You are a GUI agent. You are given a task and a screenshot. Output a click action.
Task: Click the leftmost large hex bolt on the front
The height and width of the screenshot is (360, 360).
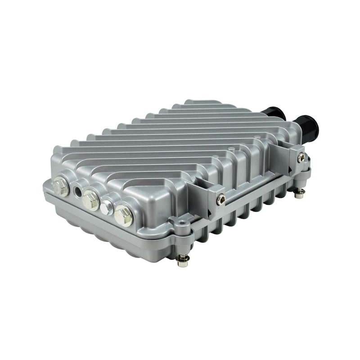pyautogui.click(x=61, y=186)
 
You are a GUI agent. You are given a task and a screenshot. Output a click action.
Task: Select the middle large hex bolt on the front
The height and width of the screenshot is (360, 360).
pyautogui.click(x=91, y=200)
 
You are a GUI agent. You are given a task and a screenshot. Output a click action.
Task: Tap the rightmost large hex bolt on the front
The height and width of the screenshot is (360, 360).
pyautogui.click(x=123, y=216)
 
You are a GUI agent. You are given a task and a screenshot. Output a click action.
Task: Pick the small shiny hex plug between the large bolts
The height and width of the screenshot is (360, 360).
pyautogui.click(x=107, y=207)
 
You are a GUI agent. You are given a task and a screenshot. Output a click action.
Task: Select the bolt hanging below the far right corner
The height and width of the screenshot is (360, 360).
pyautogui.click(x=299, y=193)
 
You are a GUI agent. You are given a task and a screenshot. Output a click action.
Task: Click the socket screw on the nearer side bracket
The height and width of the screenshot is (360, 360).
pyautogui.click(x=220, y=199)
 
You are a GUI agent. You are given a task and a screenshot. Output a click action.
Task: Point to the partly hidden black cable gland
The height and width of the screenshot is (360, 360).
pyautogui.click(x=274, y=113)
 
